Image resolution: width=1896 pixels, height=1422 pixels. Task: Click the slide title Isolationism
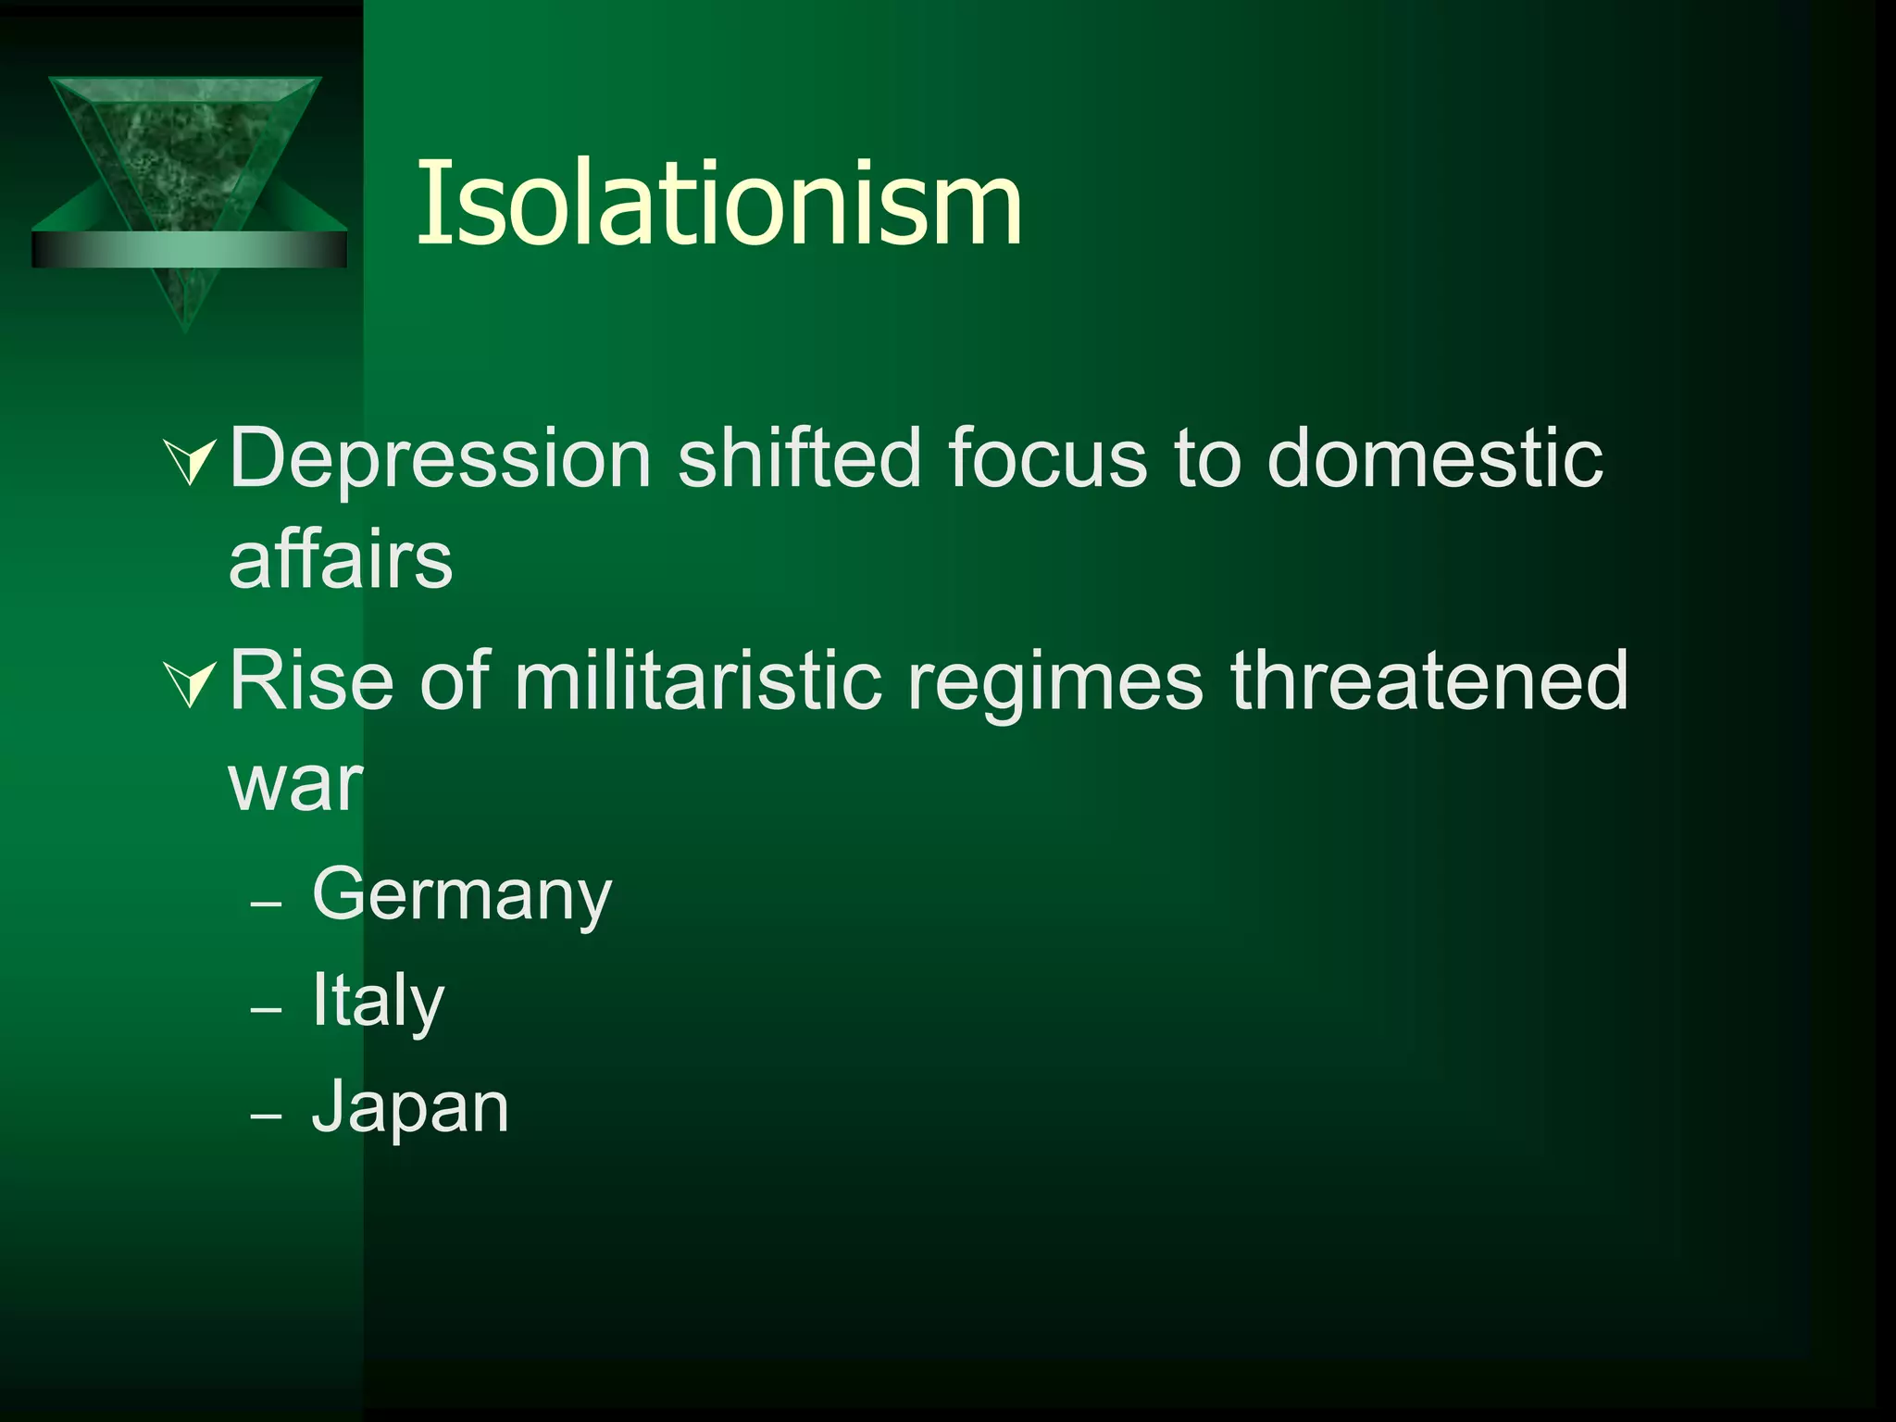(x=719, y=204)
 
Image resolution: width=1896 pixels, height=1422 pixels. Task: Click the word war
(x=295, y=785)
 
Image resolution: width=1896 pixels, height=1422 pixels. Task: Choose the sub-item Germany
(x=462, y=896)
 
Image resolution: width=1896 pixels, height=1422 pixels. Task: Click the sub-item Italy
(x=378, y=1002)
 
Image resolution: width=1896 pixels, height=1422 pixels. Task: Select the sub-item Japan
(x=410, y=1108)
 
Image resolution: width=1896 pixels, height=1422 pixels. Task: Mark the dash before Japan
(x=266, y=1116)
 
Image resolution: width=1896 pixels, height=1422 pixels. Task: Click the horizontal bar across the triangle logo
(x=189, y=249)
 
